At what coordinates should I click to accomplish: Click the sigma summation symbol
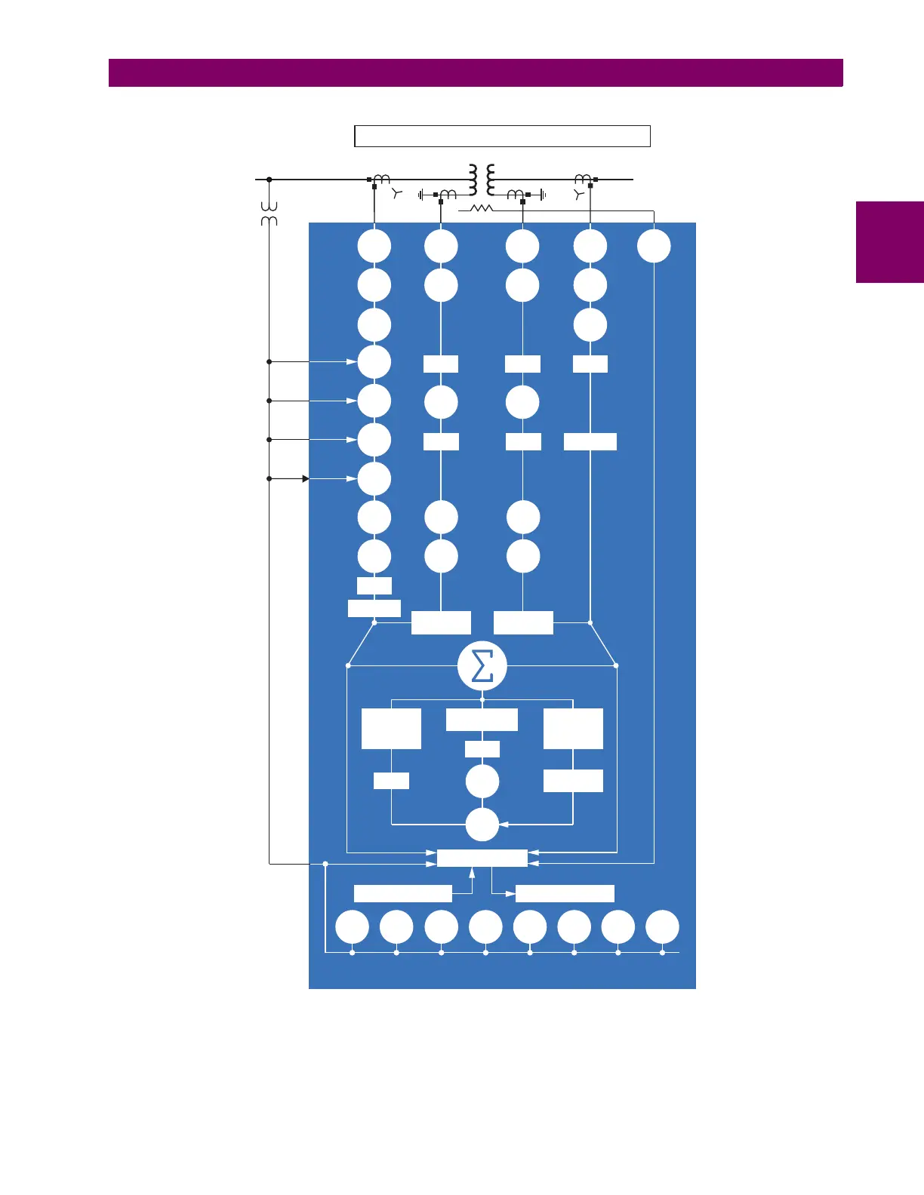pyautogui.click(x=482, y=666)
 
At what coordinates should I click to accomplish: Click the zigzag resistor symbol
pyautogui.click(x=481, y=208)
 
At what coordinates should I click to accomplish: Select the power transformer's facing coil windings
pyautogui.click(x=482, y=180)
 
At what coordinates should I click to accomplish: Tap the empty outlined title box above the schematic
pyautogui.click(x=502, y=136)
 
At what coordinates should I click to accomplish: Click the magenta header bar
pyautogui.click(x=476, y=73)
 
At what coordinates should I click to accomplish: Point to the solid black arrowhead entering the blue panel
pyautogui.click(x=305, y=478)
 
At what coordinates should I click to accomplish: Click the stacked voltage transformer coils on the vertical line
pyautogui.click(x=269, y=214)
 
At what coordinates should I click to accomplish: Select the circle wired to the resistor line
pyautogui.click(x=654, y=246)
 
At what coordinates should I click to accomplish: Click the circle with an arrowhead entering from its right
pyautogui.click(x=482, y=825)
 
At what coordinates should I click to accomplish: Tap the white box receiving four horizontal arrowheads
pyautogui.click(x=482, y=858)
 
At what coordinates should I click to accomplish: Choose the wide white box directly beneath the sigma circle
pyautogui.click(x=482, y=720)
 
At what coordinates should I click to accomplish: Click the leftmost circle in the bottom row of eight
pyautogui.click(x=352, y=927)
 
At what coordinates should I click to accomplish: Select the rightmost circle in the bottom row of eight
pyautogui.click(x=662, y=927)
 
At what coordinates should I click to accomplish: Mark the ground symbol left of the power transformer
pyautogui.click(x=422, y=195)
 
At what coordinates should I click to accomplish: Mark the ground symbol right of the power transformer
pyautogui.click(x=542, y=195)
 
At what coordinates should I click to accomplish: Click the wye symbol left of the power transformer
pyautogui.click(x=398, y=194)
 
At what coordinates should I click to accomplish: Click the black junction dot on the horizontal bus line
pyautogui.click(x=269, y=180)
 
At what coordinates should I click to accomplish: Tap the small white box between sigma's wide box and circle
pyautogui.click(x=482, y=749)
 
